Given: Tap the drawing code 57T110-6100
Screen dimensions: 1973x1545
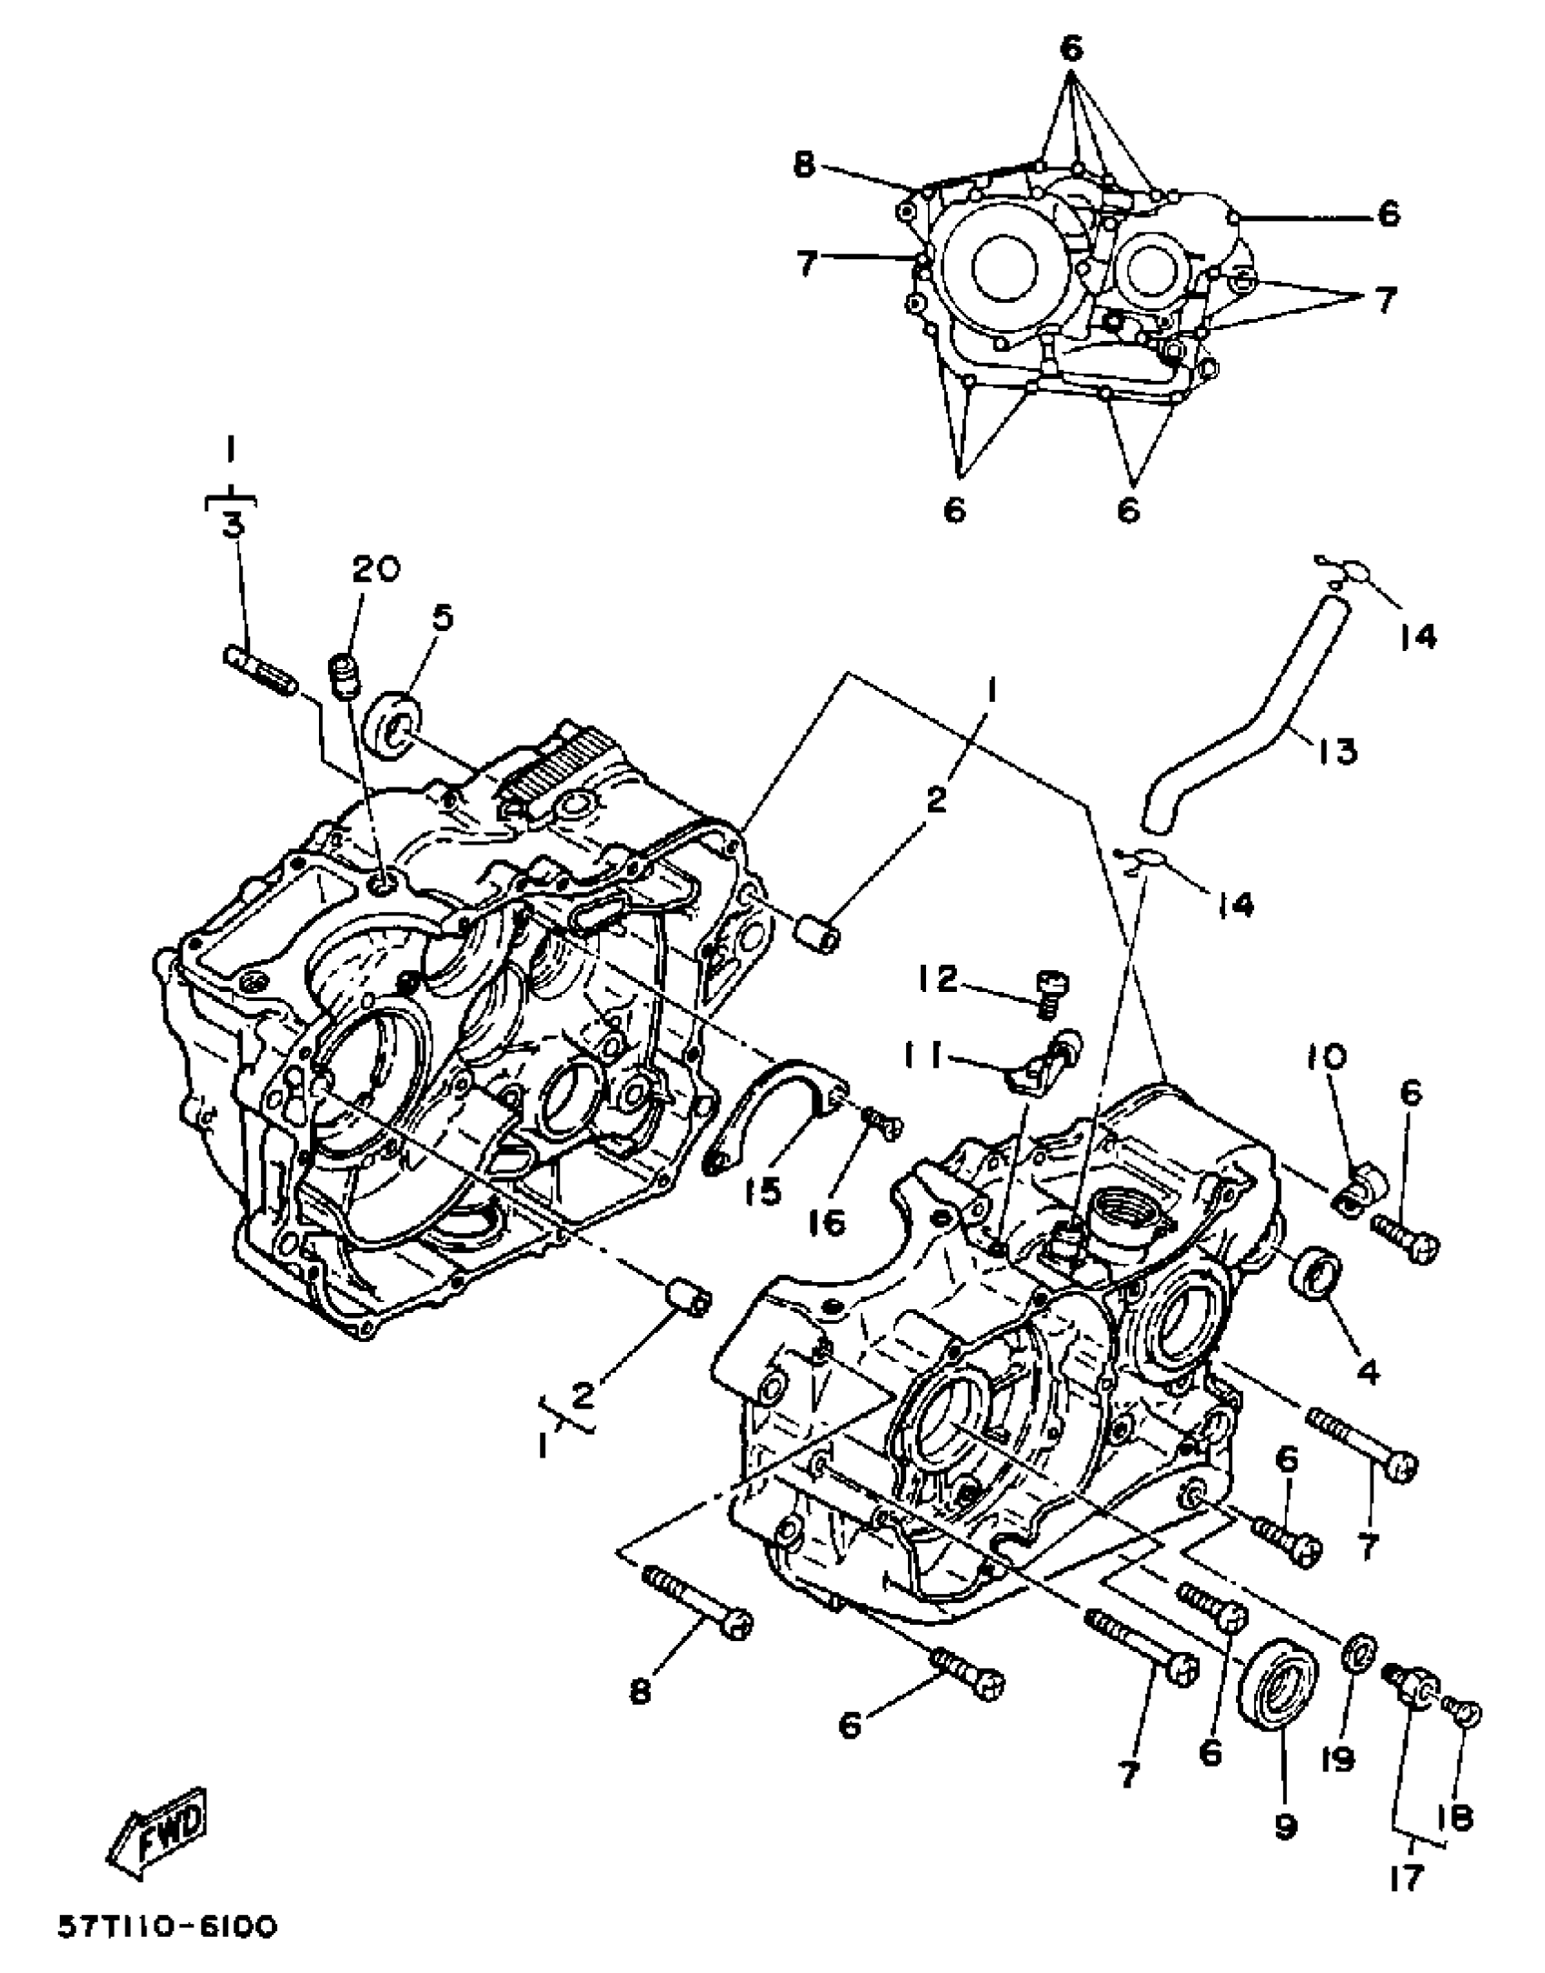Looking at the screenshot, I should pyautogui.click(x=167, y=1925).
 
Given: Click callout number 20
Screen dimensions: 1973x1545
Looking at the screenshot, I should pyautogui.click(x=375, y=570).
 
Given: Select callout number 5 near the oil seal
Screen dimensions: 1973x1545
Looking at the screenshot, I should pyautogui.click(x=442, y=619).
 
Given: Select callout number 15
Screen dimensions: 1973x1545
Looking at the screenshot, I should pyautogui.click(x=768, y=1192).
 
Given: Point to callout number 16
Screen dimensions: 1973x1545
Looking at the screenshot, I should pyautogui.click(x=830, y=1220).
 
